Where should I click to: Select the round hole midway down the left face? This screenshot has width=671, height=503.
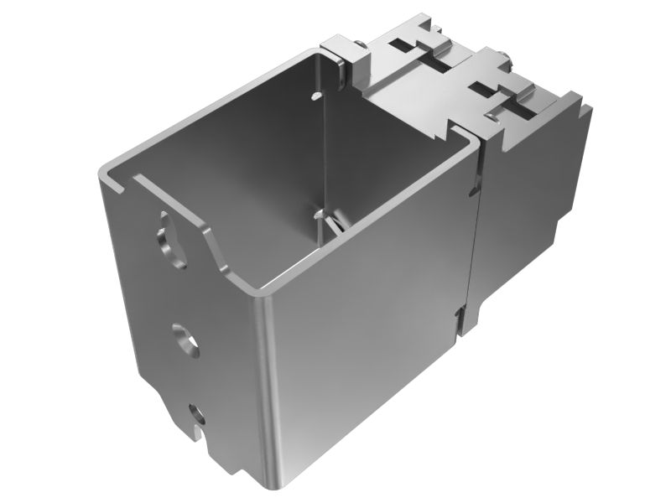(183, 339)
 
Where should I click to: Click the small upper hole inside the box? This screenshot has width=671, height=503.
(315, 97)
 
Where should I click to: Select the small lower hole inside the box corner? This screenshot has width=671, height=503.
(316, 215)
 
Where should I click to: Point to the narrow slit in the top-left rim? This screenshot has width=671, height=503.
(126, 179)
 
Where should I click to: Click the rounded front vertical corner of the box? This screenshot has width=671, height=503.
(268, 386)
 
